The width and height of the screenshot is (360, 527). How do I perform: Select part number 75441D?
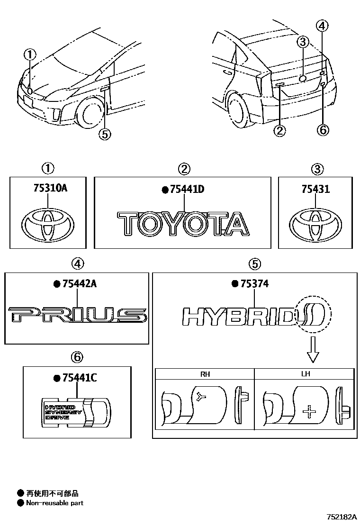186,190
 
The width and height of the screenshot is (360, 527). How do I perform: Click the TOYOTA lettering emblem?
183,224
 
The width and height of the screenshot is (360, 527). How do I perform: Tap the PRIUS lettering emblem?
77,315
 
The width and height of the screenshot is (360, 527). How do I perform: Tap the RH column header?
205,374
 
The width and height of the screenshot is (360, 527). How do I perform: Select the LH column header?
306,374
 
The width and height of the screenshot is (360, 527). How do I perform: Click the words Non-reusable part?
55,503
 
